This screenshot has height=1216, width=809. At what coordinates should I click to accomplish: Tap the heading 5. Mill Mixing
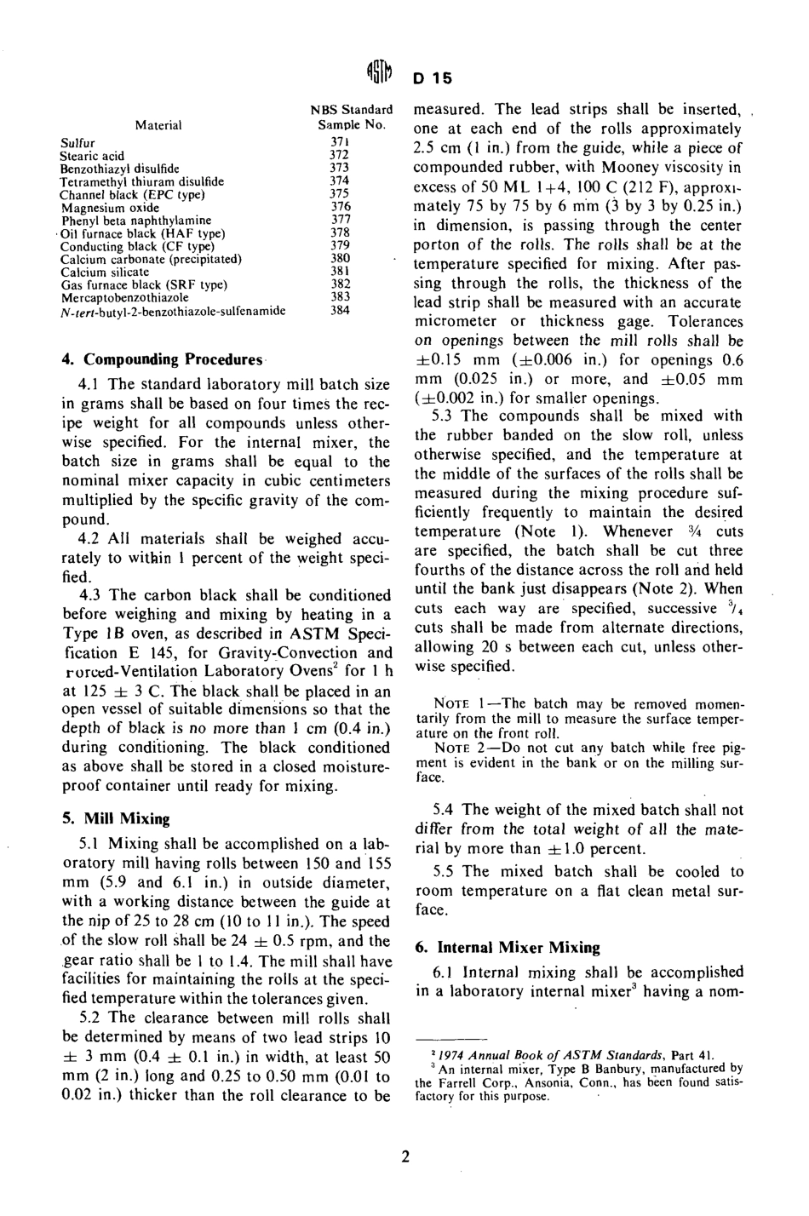pos(116,819)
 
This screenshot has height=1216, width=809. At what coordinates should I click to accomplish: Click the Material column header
pos(158,125)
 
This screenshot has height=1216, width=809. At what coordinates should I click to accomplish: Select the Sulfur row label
pos(77,144)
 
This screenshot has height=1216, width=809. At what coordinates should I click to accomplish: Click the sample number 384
pos(340,311)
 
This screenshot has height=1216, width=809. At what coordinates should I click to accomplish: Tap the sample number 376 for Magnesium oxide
pos(340,206)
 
